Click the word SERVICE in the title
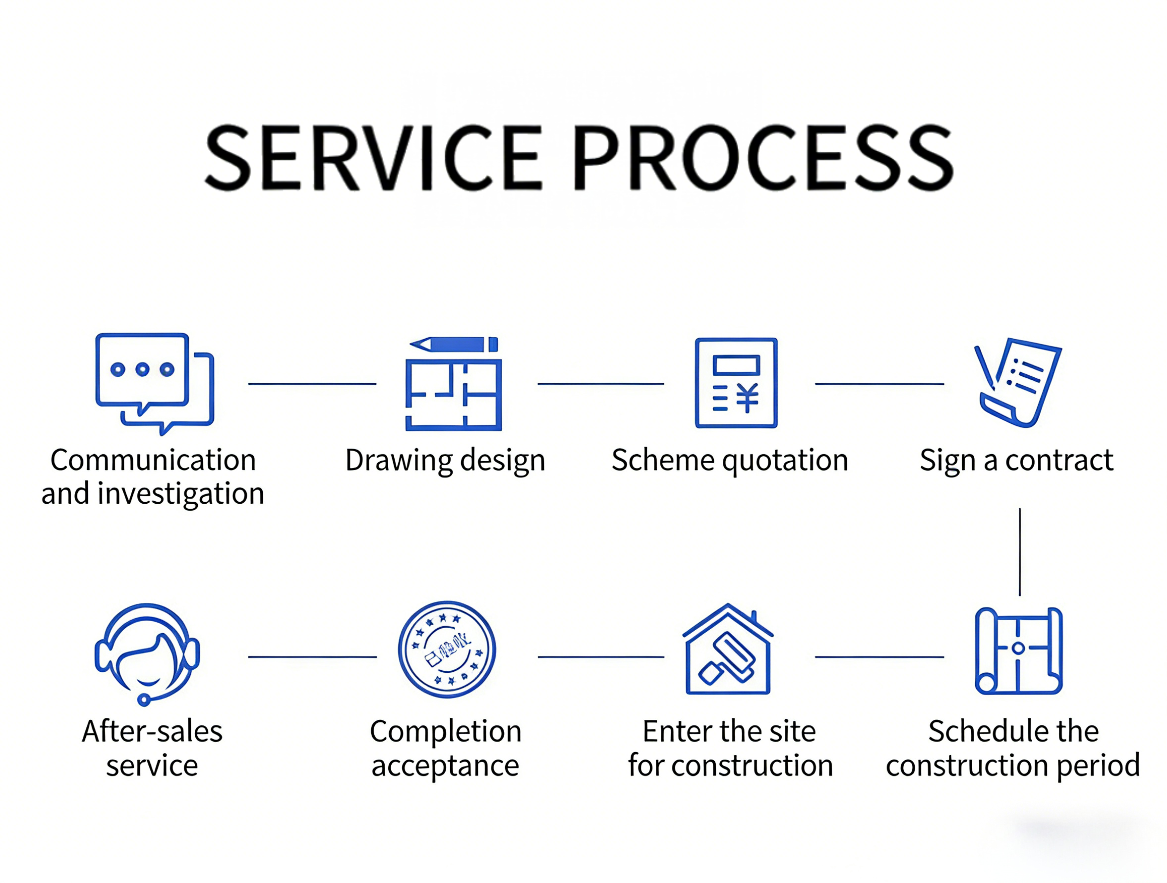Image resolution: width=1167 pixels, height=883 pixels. coord(373,158)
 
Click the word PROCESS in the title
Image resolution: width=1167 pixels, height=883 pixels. coord(763,158)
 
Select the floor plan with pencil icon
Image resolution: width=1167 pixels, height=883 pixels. coord(453,384)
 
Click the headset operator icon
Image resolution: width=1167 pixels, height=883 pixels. coord(147,654)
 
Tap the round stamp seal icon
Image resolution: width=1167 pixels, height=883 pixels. coord(446,649)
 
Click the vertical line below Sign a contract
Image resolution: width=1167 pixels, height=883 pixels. coord(1020,552)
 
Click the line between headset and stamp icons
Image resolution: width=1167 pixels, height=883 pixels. coord(312,657)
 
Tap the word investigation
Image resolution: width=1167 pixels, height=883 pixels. coord(180,494)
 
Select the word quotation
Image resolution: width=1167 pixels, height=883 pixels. coord(785,461)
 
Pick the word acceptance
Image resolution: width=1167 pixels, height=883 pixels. coord(445,766)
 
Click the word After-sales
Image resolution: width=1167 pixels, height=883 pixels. coord(152,732)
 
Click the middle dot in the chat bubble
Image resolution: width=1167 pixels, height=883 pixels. coord(142,369)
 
